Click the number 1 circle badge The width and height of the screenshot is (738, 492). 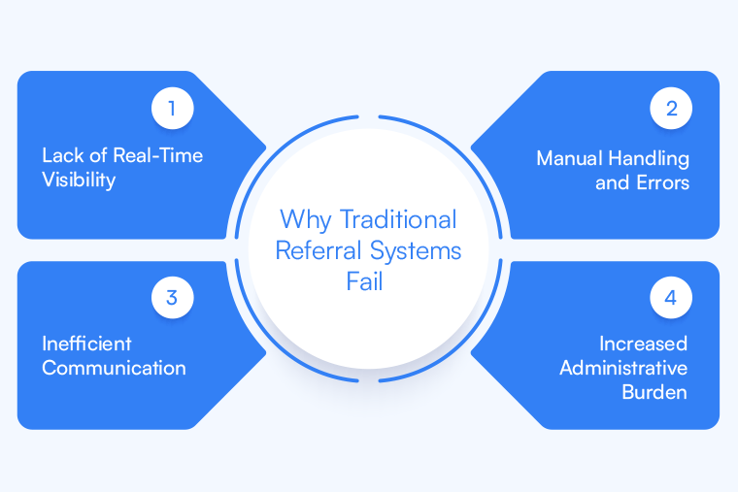pyautogui.click(x=172, y=109)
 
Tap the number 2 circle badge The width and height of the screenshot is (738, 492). pyautogui.click(x=671, y=109)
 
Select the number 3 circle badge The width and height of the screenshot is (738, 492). pyautogui.click(x=172, y=298)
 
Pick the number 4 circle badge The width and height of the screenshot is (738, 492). pyautogui.click(x=671, y=298)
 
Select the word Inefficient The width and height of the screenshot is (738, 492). pyautogui.click(x=86, y=344)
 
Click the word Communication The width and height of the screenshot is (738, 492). pyautogui.click(x=114, y=368)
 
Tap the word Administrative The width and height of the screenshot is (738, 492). pyautogui.click(x=623, y=368)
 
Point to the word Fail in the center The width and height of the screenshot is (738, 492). pyautogui.click(x=368, y=280)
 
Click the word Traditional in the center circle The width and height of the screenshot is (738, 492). pyautogui.click(x=397, y=220)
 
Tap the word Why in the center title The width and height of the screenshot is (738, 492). pyautogui.click(x=304, y=220)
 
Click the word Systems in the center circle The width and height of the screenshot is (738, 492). pyautogui.click(x=414, y=250)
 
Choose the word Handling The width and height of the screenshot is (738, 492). pyautogui.click(x=652, y=157)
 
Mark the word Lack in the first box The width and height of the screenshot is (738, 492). pyautogui.click(x=61, y=155)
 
